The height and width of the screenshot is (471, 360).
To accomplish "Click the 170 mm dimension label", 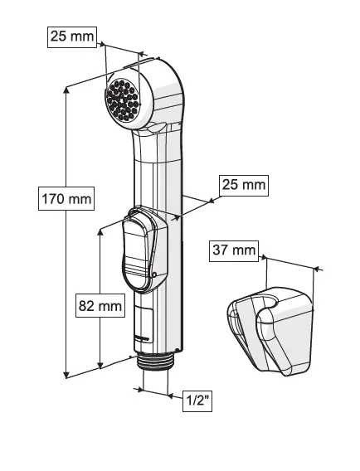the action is click(66, 198).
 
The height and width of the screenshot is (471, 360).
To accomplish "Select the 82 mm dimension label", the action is click(100, 305).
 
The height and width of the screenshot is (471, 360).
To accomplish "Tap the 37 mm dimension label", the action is click(234, 250).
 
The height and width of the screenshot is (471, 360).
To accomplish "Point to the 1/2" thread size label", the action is click(197, 401).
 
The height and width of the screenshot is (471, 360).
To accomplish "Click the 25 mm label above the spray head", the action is click(72, 36).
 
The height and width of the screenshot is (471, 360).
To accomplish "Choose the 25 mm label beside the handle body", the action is click(244, 186).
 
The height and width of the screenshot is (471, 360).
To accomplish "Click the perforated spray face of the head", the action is click(123, 100).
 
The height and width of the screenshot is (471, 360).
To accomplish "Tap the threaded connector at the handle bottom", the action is click(155, 362).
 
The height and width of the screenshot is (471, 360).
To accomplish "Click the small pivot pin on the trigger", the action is click(154, 274).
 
